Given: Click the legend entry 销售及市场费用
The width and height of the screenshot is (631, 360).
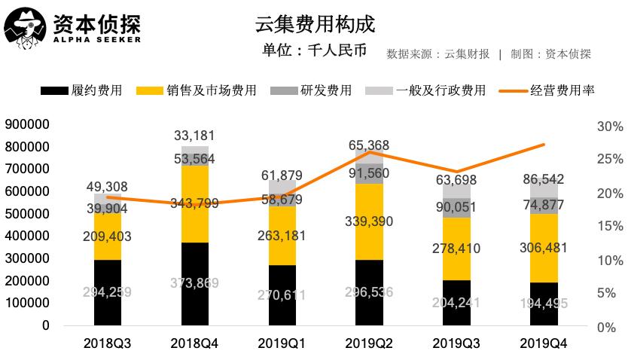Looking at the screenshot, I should [197, 90].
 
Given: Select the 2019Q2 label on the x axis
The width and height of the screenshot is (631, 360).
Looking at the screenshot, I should [369, 343].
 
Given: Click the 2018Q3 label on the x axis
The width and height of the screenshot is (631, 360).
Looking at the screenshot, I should [108, 343].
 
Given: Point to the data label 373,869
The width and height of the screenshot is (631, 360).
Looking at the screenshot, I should [194, 282].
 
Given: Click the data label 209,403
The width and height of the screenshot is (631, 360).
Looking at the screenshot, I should [108, 236].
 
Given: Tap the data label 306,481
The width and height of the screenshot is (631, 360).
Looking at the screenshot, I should [544, 247].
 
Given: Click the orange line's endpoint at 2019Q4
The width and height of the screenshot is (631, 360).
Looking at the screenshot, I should [544, 144].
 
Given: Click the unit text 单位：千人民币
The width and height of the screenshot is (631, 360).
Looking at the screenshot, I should [315, 51].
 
